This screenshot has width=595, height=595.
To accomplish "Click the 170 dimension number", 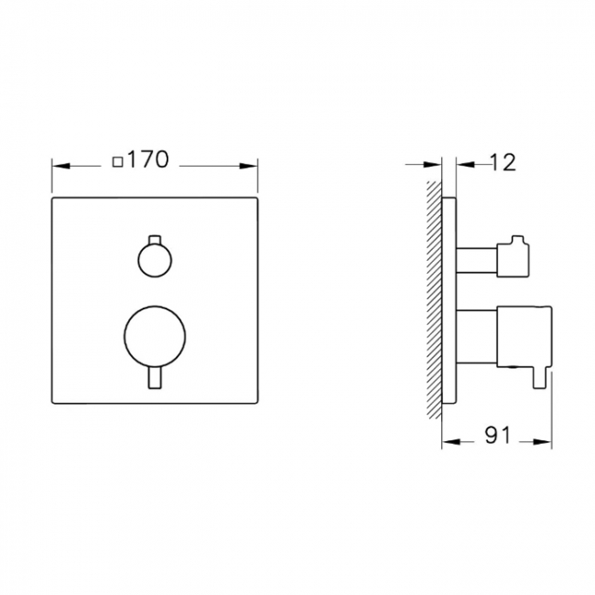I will (x=148, y=160).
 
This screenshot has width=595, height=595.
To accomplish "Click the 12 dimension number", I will (x=503, y=163).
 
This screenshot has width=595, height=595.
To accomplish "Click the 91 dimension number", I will (x=496, y=437).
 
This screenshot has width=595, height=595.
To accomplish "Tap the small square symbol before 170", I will (x=117, y=162).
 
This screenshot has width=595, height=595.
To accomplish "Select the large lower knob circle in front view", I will (x=152, y=335).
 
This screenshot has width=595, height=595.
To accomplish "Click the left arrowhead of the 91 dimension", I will (x=449, y=440).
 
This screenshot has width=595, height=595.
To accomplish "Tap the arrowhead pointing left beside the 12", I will (x=462, y=166).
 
